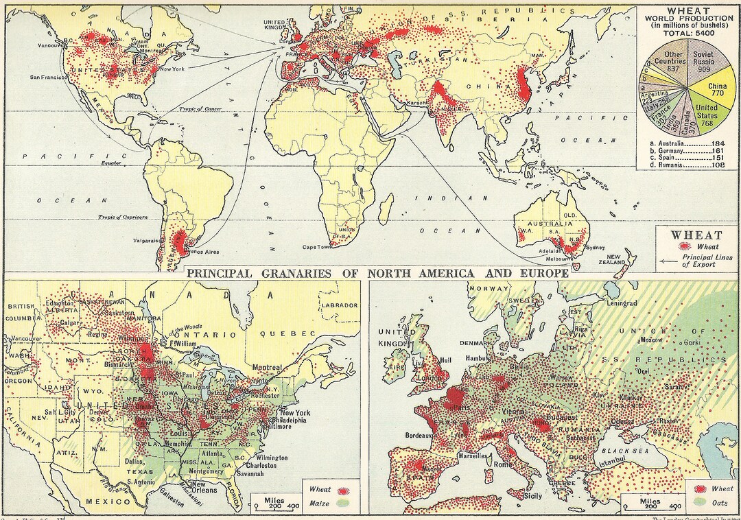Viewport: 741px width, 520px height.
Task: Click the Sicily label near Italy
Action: [x=532, y=495]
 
